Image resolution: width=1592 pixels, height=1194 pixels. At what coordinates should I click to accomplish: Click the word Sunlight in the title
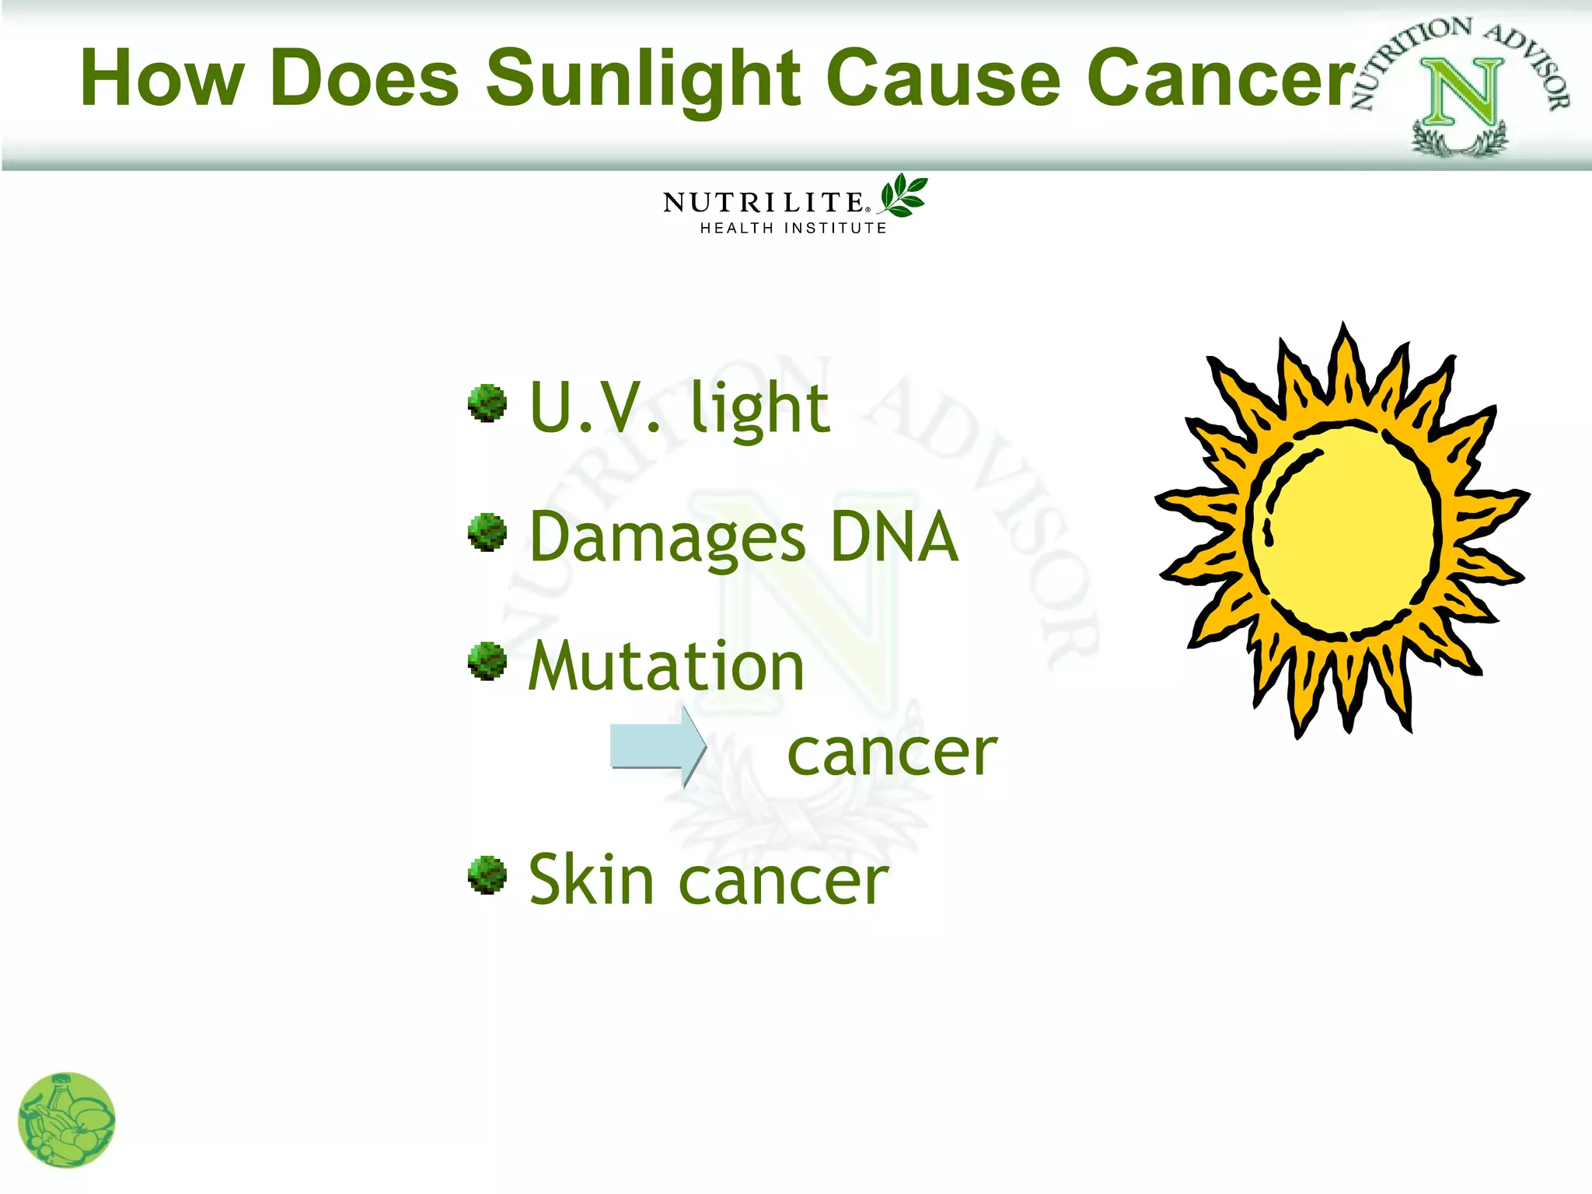click(x=643, y=79)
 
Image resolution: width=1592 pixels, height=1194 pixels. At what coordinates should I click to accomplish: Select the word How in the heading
click(x=162, y=79)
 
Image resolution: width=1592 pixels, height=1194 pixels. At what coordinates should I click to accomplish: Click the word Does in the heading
click(x=365, y=79)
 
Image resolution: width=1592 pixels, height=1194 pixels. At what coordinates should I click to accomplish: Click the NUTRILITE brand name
click(x=764, y=203)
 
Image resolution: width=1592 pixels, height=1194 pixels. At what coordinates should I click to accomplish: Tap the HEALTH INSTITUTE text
click(x=793, y=228)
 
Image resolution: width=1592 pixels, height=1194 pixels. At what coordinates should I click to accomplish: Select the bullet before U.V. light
click(x=487, y=403)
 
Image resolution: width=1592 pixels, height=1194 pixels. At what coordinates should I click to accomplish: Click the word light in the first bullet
click(x=759, y=409)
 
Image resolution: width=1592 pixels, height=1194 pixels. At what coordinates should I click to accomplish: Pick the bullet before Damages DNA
click(x=487, y=532)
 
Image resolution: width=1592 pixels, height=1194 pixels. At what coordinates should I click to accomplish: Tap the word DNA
click(x=894, y=537)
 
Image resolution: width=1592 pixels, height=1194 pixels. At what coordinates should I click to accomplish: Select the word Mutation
click(x=666, y=667)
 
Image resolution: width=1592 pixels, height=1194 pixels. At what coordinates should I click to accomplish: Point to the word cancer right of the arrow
click(x=892, y=753)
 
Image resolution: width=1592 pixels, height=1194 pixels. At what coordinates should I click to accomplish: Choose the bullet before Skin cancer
click(x=487, y=875)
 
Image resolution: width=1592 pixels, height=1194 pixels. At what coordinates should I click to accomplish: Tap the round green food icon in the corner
click(x=67, y=1120)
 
